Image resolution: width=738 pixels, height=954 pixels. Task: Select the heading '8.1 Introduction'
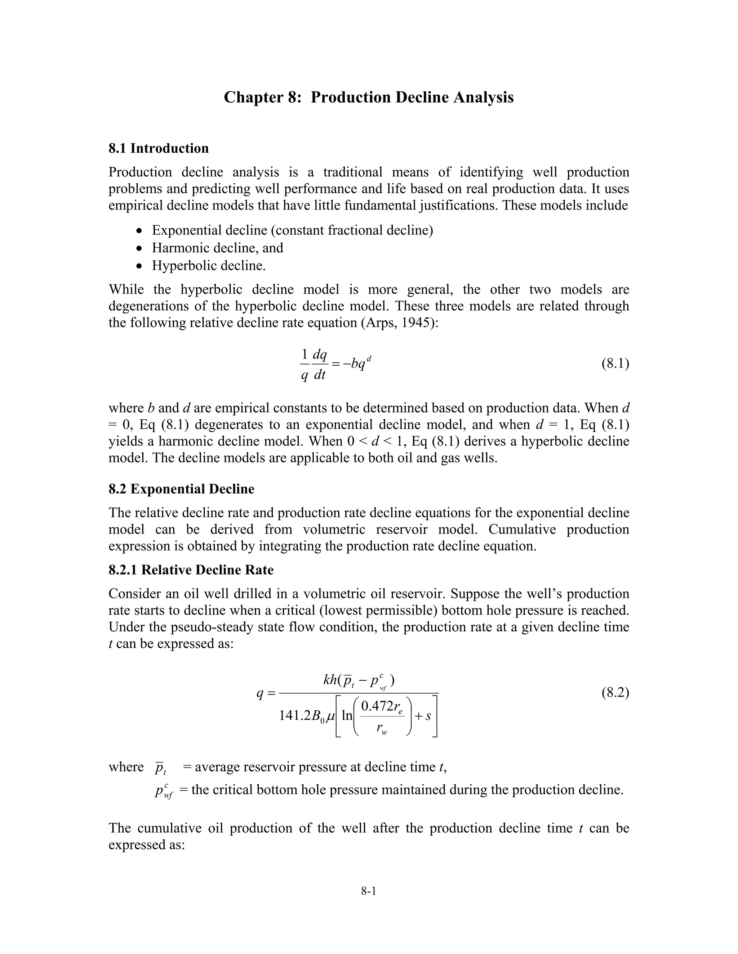pyautogui.click(x=159, y=149)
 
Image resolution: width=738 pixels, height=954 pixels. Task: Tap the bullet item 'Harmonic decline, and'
pyautogui.click(x=217, y=248)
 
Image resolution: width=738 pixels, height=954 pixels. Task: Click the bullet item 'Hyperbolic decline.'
pyautogui.click(x=209, y=266)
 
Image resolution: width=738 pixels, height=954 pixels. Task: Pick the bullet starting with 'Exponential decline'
pyautogui.click(x=292, y=230)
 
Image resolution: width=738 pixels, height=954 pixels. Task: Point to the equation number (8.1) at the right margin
pyautogui.click(x=615, y=364)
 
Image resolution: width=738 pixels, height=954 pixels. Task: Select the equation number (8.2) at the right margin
pyautogui.click(x=615, y=693)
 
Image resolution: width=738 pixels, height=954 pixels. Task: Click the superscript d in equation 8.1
pyautogui.click(x=369, y=359)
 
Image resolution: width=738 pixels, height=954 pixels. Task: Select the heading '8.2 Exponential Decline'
pyautogui.click(x=182, y=489)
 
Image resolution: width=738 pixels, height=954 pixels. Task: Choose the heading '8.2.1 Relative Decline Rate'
pyautogui.click(x=191, y=570)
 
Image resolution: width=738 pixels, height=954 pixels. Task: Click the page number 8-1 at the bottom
pyautogui.click(x=369, y=891)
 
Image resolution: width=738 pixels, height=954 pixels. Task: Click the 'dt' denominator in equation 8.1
pyautogui.click(x=320, y=374)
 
